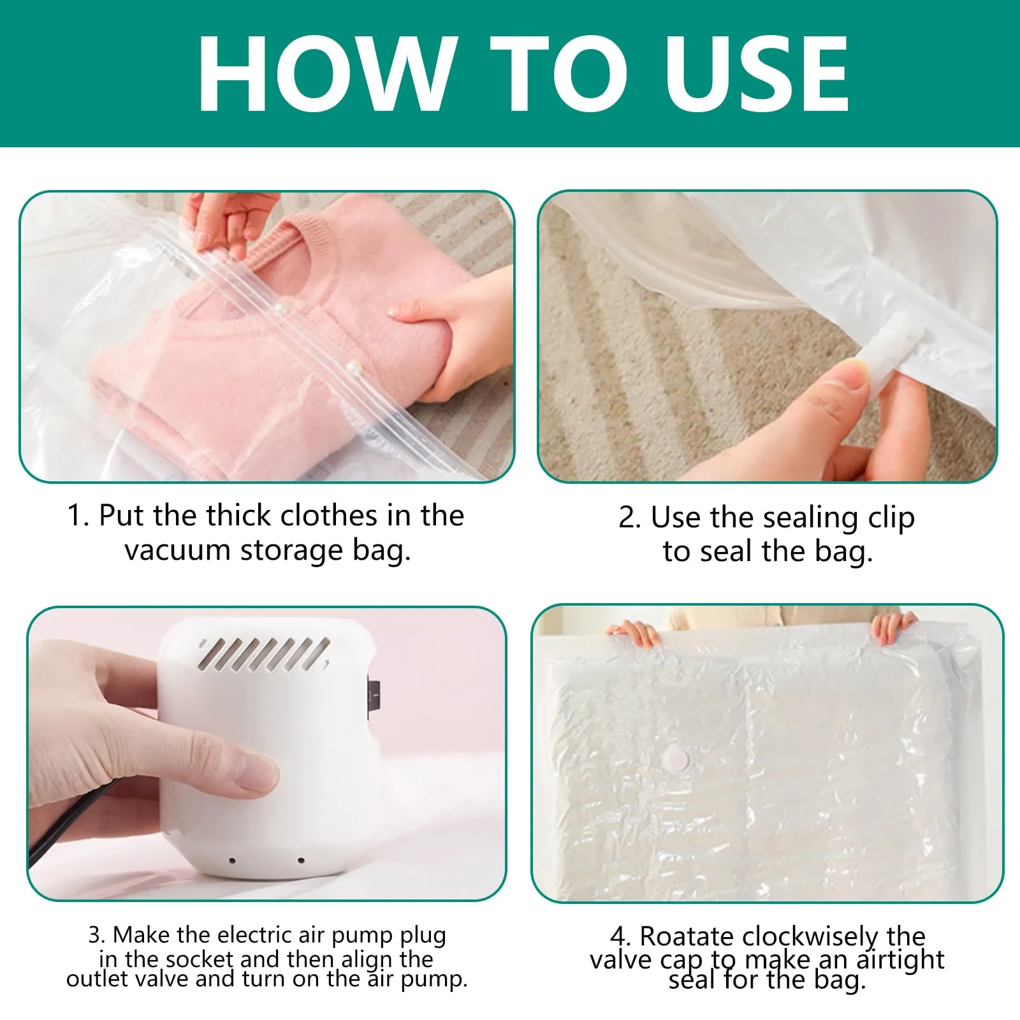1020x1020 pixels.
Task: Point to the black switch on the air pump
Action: [x=373, y=698]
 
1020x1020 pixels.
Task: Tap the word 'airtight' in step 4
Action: [x=900, y=959]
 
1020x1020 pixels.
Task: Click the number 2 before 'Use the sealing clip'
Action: [x=629, y=518]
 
